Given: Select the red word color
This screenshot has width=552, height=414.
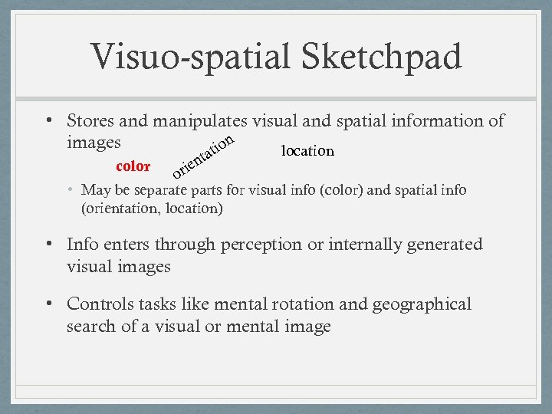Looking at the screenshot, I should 133,166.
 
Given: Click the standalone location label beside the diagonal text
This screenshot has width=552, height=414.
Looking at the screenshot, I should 307,151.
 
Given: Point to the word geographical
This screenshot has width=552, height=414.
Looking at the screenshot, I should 422,304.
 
